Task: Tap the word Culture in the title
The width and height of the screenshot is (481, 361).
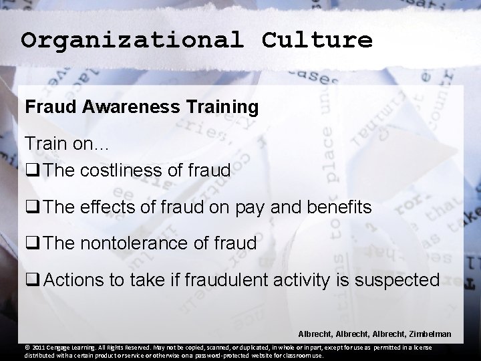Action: (317, 41)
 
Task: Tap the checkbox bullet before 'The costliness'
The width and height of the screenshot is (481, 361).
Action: (31, 171)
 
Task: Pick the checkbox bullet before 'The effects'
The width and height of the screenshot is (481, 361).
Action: (31, 208)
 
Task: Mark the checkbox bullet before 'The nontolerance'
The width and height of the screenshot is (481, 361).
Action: (31, 244)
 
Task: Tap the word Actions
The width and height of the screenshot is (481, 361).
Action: (73, 280)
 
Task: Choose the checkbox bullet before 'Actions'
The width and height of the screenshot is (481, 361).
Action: (31, 281)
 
